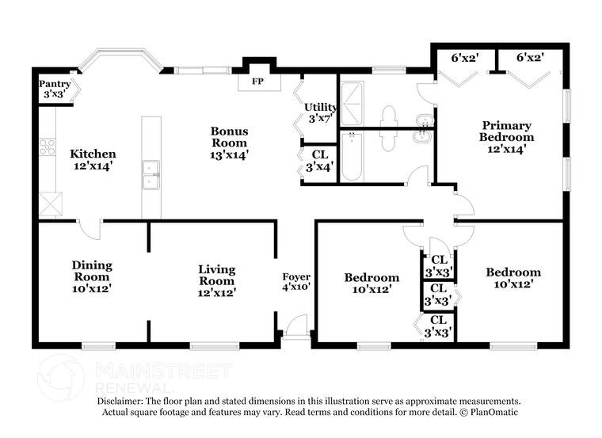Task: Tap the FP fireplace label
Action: pos(257,82)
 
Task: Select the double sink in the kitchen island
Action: pos(150,175)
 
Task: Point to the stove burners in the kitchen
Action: pos(48,146)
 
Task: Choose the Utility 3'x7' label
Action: pos(321,112)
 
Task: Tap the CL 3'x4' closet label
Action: pos(320,161)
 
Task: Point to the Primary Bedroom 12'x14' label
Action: pos(506,136)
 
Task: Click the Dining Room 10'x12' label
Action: pos(92,276)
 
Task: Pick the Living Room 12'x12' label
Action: pos(216,280)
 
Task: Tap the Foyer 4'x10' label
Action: pos(296,282)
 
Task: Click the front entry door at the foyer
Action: pos(296,326)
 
